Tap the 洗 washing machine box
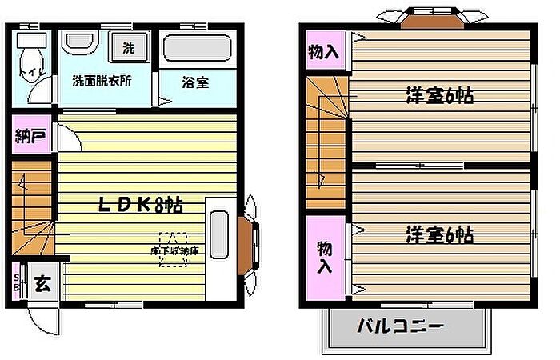[128, 47]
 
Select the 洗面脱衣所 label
[102, 81]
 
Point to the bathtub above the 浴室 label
[195, 49]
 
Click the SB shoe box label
[17, 284]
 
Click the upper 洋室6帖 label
[439, 96]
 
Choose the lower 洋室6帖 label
[439, 235]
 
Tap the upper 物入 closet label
[323, 52]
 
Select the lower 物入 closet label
[323, 257]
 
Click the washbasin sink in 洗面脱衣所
[79, 45]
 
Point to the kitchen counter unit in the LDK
[218, 242]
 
